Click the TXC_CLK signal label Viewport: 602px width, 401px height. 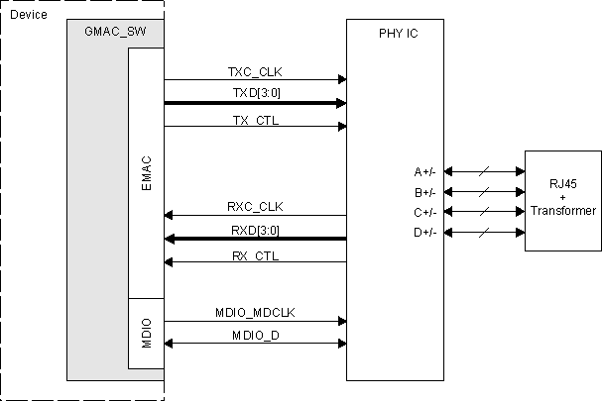[255, 71]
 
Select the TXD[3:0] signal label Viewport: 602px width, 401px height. [255, 93]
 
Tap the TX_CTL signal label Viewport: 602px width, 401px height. [255, 118]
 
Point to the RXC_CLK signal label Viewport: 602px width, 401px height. [255, 207]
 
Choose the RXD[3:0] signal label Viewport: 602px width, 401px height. [255, 231]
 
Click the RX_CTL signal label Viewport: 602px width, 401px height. [255, 255]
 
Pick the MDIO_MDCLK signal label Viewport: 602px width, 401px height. [255, 312]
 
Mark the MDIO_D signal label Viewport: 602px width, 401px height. [255, 336]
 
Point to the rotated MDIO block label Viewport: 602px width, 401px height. [146, 332]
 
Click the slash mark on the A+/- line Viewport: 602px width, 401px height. [483, 171]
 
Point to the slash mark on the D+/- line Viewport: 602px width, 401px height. [483, 232]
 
